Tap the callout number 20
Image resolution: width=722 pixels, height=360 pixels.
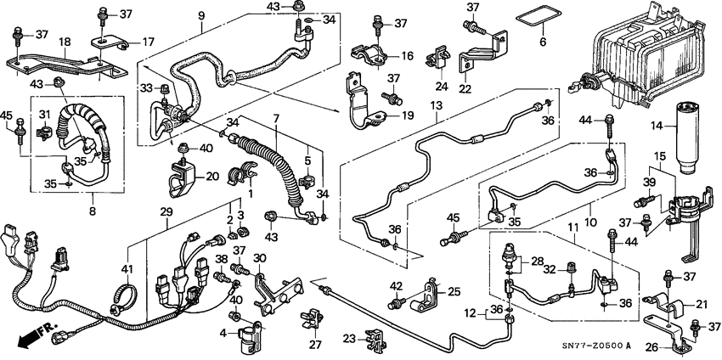[x=212, y=177]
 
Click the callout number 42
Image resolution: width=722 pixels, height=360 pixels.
[x=396, y=285]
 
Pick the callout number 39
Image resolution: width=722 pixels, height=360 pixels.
[x=648, y=183]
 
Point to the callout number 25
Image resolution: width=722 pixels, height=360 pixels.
[x=453, y=292]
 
